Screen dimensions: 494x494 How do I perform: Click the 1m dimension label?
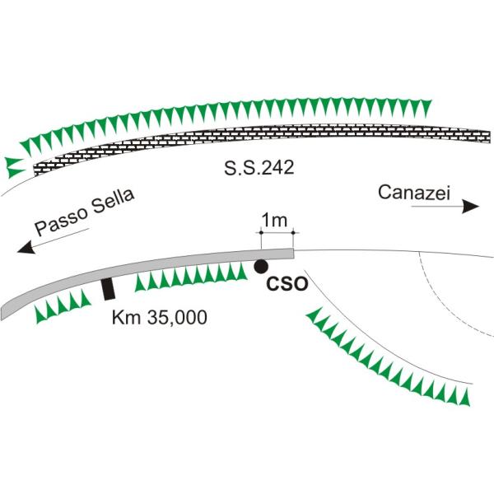point(273,221)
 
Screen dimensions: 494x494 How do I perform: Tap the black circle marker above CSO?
point(260,266)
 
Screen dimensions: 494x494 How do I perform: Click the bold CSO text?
point(288,285)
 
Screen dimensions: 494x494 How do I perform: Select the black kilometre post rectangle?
point(107,289)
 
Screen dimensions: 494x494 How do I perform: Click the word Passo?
point(59,220)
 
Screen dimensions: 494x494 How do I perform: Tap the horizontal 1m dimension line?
point(277,234)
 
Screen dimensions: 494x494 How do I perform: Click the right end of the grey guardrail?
point(291,250)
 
